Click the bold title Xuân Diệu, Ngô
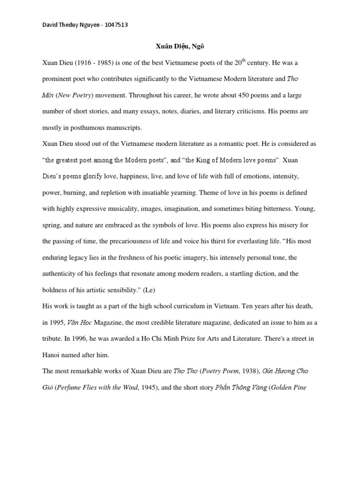180,46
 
